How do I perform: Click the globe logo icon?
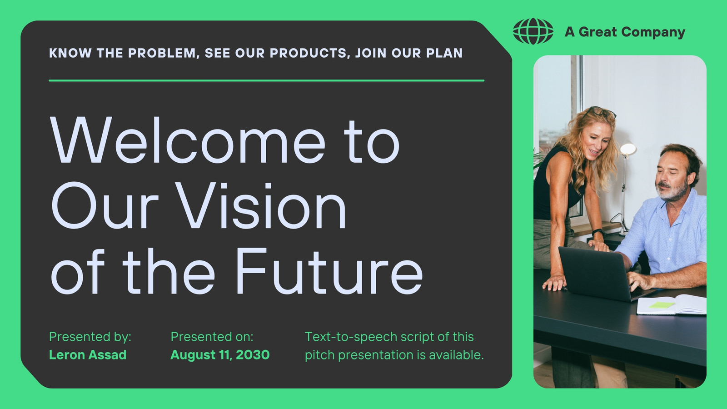533,31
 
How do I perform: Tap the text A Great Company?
625,32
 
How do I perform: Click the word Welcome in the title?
187,140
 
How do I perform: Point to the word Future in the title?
329,271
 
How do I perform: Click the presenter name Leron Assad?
88,355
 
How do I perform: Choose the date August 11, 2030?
220,355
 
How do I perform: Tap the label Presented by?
90,337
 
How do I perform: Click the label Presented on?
212,337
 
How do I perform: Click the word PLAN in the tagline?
444,53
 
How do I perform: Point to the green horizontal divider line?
266,80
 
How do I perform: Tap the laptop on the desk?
604,273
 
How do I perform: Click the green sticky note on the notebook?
662,305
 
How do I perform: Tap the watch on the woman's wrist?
598,232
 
